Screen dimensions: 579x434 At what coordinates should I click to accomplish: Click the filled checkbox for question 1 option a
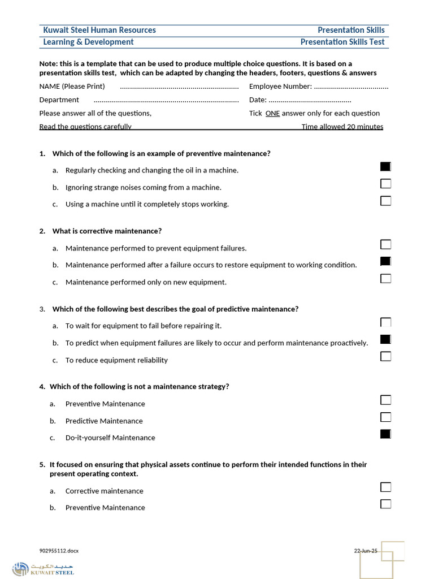(385, 166)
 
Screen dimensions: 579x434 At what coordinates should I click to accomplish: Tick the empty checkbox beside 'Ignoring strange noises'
(385, 184)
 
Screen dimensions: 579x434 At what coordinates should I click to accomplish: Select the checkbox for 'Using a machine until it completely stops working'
(385, 201)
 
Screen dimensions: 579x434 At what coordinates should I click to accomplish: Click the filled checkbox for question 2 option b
(385, 261)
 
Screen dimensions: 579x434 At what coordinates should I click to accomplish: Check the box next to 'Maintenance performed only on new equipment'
(385, 278)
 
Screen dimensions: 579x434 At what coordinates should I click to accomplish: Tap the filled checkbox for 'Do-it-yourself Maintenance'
(385, 434)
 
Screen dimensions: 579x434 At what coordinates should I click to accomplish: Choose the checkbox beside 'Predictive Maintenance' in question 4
(385, 417)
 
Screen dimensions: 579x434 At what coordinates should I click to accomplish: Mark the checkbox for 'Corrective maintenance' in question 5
(385, 487)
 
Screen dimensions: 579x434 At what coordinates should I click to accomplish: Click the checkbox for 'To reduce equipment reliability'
(385, 356)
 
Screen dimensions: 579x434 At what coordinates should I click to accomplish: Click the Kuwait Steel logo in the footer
(43, 568)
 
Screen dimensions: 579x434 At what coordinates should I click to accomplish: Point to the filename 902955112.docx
(59, 551)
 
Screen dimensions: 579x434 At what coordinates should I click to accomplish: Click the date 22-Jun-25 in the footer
(366, 551)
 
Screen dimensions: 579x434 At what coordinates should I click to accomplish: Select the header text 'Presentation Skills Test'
(342, 42)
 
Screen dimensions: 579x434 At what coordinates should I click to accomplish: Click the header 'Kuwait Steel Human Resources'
(99, 30)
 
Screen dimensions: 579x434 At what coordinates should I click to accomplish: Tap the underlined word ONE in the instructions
(272, 113)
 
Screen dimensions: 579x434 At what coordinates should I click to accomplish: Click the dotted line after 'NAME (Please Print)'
(179, 87)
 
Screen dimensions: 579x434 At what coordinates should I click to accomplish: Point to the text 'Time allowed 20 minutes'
(342, 127)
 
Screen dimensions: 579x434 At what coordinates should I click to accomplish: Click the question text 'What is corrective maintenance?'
(107, 231)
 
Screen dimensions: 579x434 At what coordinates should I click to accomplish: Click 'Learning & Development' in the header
(89, 42)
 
